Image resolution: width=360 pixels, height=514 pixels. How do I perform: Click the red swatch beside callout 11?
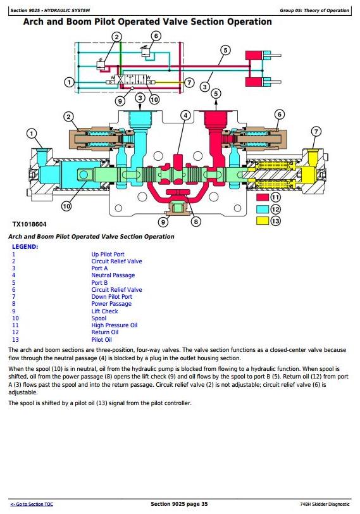tap(263, 197)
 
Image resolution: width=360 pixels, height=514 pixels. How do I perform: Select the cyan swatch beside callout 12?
tap(263, 209)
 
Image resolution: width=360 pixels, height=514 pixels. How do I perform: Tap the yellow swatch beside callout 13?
tap(263, 221)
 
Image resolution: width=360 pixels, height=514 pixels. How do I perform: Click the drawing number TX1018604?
tap(29, 225)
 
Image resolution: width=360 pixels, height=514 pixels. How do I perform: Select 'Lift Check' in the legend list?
tap(104, 311)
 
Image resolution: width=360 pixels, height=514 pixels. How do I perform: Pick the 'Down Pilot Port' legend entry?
tap(112, 297)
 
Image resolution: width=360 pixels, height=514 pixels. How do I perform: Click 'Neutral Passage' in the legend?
tap(113, 275)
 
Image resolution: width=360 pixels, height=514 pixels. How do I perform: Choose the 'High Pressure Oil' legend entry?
tap(115, 325)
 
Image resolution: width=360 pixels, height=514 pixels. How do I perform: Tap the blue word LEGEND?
tap(25, 247)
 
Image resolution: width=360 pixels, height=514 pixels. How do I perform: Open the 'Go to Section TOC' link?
tap(32, 504)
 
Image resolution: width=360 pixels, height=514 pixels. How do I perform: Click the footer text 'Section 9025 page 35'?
tap(179, 504)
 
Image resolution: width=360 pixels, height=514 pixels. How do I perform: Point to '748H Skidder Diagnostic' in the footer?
tap(325, 504)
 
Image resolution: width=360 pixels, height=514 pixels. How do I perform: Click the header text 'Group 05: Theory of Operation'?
tap(314, 11)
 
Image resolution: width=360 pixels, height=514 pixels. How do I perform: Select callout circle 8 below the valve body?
tap(196, 222)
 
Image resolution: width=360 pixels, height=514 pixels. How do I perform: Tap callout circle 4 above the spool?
tap(186, 115)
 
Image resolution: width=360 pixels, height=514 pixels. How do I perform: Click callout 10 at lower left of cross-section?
tap(66, 206)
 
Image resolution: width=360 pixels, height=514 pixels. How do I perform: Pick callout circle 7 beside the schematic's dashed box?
tap(189, 82)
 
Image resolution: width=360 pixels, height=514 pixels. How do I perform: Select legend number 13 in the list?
tap(15, 339)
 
